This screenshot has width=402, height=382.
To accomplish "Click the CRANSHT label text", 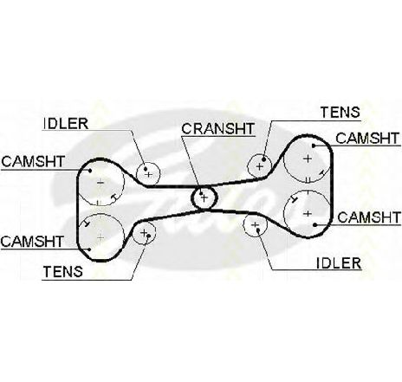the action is (218, 129).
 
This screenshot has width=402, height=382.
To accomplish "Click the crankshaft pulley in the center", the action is (204, 197).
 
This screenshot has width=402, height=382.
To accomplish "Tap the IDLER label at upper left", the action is (66, 124).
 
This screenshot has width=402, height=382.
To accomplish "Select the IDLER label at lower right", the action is (339, 263).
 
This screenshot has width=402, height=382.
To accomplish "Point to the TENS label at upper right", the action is (340, 112).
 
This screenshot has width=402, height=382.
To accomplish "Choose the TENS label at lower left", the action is (63, 272).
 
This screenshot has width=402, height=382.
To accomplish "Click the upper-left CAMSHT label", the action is (33, 162).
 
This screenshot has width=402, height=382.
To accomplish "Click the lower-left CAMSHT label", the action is (32, 242).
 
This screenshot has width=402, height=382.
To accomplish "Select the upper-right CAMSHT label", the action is (367, 139).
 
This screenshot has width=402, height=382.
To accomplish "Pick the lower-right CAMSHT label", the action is (369, 217).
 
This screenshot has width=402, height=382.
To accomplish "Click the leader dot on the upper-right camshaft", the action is (314, 146).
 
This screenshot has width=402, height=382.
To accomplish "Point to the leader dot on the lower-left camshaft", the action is (90, 249).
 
